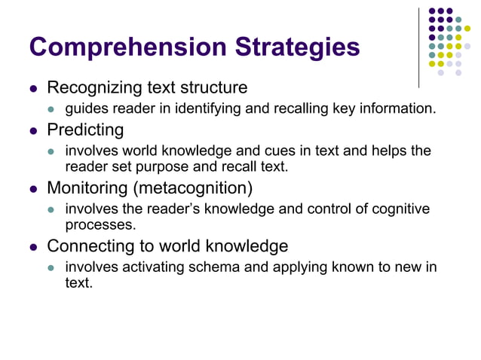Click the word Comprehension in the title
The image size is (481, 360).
(127, 47)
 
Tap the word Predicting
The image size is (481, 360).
(85, 130)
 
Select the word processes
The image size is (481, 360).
(100, 224)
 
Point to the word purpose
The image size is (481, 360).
(197, 166)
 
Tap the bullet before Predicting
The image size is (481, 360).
(33, 130)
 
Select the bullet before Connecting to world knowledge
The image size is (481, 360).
(33, 246)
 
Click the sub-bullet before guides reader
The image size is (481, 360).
(52, 109)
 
